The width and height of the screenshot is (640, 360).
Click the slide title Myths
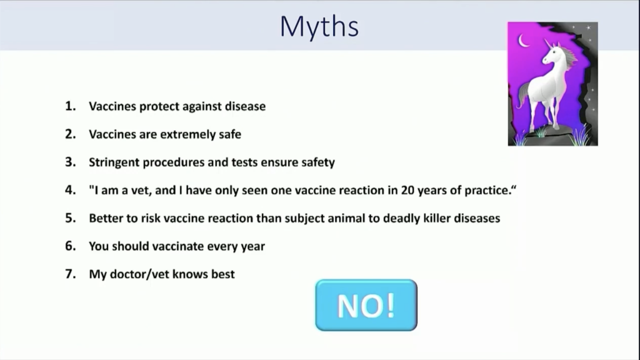319,27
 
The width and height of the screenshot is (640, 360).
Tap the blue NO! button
366,305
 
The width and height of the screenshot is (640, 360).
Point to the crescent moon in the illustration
523,41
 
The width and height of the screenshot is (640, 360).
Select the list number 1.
70,106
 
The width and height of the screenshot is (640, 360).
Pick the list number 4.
70,190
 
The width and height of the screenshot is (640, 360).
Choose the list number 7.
70,274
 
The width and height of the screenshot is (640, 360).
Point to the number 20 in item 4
407,190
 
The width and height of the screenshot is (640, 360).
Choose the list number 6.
70,246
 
